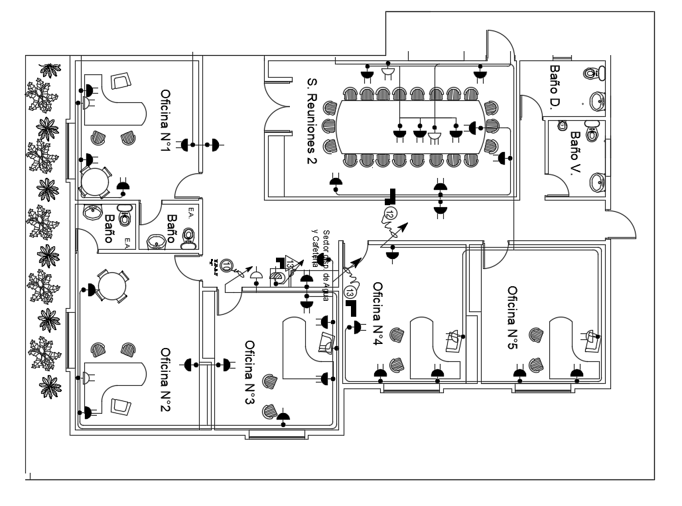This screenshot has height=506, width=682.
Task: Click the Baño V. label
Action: pos(575,152)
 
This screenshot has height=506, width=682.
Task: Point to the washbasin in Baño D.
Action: pos(598,101)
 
